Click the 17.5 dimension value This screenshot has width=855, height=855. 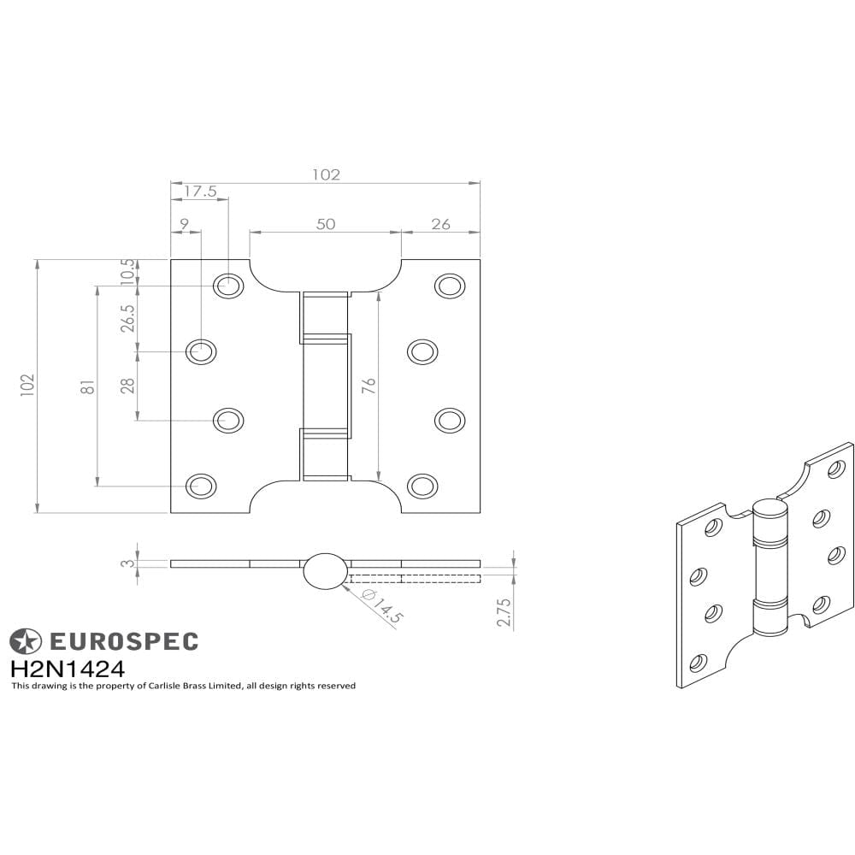[x=200, y=192]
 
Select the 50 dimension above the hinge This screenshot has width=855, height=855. [x=326, y=224]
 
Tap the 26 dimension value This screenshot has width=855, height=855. [x=440, y=224]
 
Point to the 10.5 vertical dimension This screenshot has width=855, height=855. [x=128, y=271]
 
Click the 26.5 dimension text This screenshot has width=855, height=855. [x=128, y=318]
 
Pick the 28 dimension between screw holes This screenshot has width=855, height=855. [x=128, y=386]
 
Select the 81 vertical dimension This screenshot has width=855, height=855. [x=87, y=386]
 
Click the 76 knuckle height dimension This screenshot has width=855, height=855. [x=369, y=386]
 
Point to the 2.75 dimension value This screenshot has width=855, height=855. [x=504, y=612]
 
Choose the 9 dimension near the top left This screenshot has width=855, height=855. [x=184, y=224]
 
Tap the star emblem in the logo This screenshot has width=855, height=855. [x=25, y=641]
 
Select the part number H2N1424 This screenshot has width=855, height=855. [x=68, y=668]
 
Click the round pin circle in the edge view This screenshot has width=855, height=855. [x=326, y=570]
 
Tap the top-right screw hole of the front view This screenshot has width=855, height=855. [x=450, y=286]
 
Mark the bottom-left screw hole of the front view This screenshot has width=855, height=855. [x=201, y=486]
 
